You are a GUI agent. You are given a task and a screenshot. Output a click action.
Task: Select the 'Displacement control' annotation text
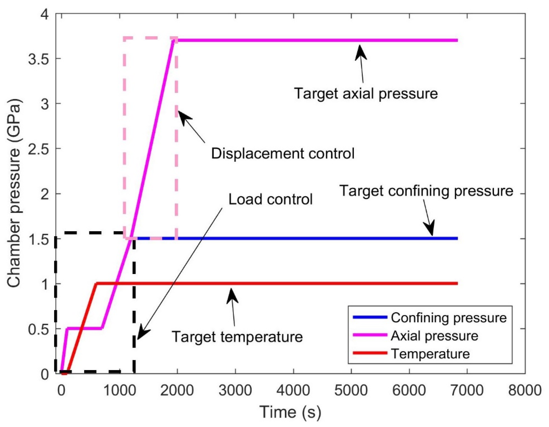tap(283, 153)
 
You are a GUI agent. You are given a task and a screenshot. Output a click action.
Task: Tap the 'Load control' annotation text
tap(270, 199)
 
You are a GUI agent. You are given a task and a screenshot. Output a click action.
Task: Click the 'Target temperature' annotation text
tap(237, 337)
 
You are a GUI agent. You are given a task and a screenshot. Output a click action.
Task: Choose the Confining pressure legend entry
tap(448, 318)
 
